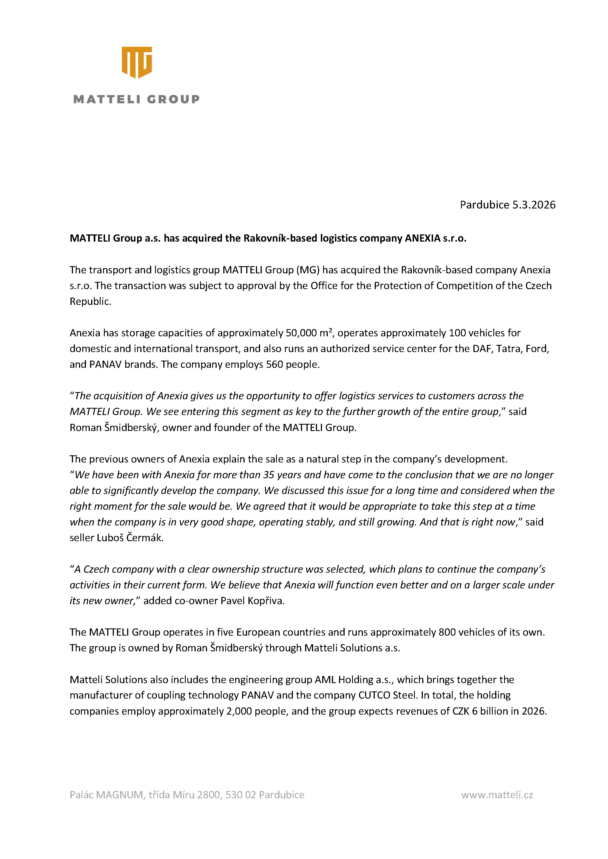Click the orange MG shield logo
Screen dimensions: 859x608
pyautogui.click(x=137, y=62)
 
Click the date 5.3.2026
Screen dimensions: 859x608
pyautogui.click(x=534, y=205)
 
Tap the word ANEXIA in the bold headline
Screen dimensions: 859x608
pyautogui.click(x=422, y=238)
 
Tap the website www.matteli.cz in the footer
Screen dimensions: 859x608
pyautogui.click(x=497, y=795)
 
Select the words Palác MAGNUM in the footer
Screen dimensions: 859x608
pyautogui.click(x=106, y=795)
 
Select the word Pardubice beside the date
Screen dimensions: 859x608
pyautogui.click(x=484, y=205)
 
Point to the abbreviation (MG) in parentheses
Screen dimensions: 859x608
pyautogui.click(x=308, y=270)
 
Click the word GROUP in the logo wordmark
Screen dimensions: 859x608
pyautogui.click(x=173, y=99)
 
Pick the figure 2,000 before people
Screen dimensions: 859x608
pyautogui.click(x=239, y=711)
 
